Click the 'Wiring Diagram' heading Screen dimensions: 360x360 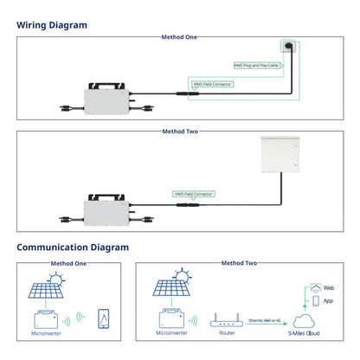click(52, 25)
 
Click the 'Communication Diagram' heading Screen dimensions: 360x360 click(73, 247)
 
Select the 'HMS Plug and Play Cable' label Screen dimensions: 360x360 click(258, 65)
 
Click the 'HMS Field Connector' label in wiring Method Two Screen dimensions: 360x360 click(193, 195)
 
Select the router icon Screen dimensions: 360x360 click(228, 319)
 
